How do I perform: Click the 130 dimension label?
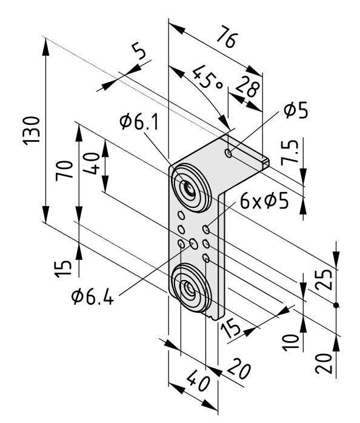pos(32,131)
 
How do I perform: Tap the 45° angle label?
pos(208,78)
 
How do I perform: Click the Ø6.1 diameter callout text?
pos(139,121)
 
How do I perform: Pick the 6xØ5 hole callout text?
pos(264,201)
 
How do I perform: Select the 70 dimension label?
pos(64,170)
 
